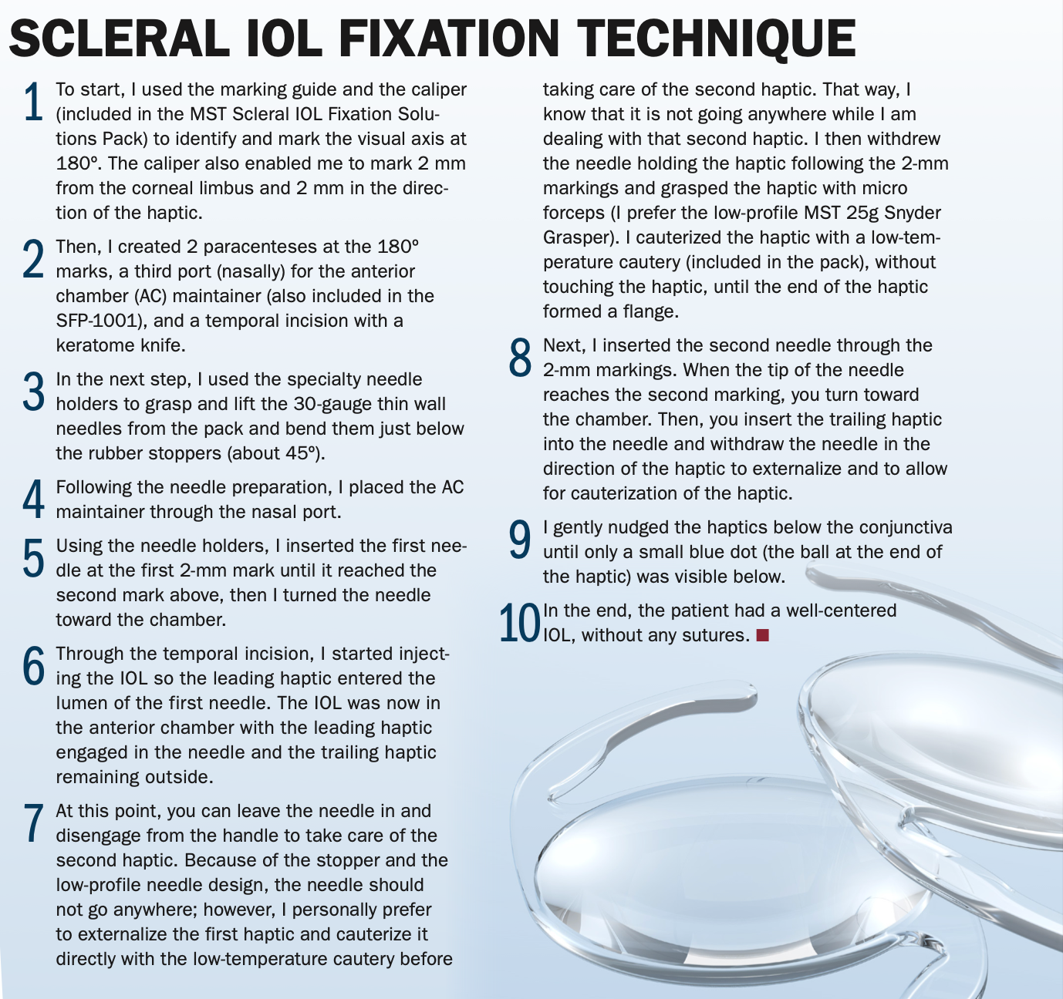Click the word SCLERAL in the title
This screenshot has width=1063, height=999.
(120, 39)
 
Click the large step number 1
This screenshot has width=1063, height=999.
(34, 102)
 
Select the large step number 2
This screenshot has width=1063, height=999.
(33, 259)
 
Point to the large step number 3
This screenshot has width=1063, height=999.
(33, 392)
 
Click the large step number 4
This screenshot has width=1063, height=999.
(33, 499)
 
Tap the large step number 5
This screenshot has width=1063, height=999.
(33, 558)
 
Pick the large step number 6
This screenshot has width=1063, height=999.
(33, 666)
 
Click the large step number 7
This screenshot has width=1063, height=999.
(33, 823)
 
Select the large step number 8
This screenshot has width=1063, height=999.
(520, 358)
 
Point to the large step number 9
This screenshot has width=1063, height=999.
(520, 540)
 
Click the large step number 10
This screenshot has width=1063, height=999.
(520, 623)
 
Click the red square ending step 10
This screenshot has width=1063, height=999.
(763, 635)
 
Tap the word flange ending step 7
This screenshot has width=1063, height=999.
(648, 311)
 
